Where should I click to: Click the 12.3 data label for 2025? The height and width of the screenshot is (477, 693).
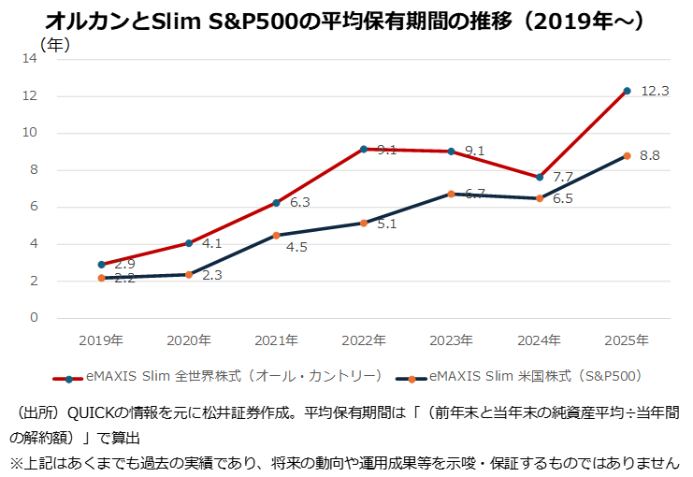[655, 91]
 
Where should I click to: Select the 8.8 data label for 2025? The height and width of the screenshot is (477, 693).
[650, 155]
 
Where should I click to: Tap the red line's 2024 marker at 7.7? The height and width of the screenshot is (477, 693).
[540, 177]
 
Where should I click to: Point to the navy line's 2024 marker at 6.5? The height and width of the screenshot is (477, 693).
[540, 198]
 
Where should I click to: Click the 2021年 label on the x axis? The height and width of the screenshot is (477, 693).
[276, 340]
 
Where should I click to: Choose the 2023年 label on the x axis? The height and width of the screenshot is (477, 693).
[452, 340]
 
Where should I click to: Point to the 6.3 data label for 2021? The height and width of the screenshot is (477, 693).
[299, 201]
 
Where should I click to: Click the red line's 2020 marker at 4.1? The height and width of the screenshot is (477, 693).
[189, 243]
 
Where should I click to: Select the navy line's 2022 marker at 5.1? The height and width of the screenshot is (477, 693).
[364, 223]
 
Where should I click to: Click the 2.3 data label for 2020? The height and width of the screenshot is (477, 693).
[211, 275]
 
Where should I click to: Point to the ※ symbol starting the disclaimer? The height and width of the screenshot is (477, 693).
[16, 462]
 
